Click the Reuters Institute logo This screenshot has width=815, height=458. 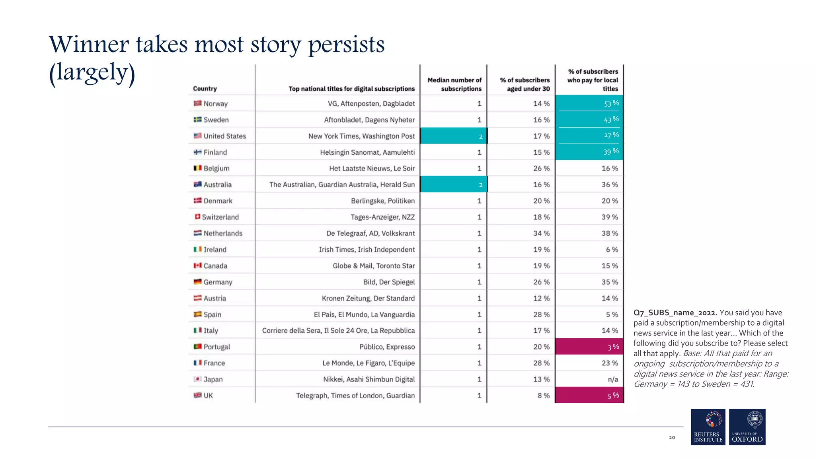point(708,427)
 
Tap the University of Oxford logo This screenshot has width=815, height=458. point(747,427)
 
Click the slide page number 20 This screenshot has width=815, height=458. point(672,437)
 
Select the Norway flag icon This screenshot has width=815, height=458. point(197,103)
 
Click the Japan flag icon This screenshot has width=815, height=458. point(197,379)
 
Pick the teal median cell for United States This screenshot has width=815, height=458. point(453,136)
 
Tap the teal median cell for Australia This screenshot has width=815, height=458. point(453,184)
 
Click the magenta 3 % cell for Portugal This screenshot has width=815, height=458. point(589,347)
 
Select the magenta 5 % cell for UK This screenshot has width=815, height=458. point(589,395)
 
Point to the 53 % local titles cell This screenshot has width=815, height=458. point(589,103)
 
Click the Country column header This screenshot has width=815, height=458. point(205,89)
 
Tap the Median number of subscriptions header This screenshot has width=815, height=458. point(454,84)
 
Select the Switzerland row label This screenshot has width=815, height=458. point(220,217)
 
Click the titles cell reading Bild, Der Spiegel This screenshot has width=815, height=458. point(388,282)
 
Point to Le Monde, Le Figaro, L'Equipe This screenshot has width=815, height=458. point(368,363)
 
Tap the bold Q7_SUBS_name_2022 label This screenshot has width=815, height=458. point(675,313)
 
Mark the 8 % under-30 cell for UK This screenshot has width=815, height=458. point(543,396)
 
